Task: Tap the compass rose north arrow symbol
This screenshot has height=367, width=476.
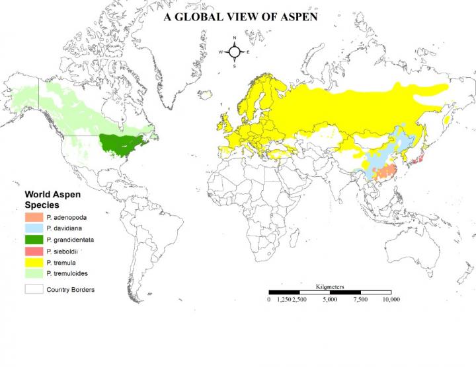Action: click(x=235, y=51)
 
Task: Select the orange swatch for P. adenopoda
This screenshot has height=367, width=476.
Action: click(x=34, y=217)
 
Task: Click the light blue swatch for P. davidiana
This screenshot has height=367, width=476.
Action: click(x=34, y=228)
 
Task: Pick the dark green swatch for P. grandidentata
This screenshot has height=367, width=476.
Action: click(x=34, y=240)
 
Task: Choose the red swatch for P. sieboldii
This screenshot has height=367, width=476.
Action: click(x=34, y=251)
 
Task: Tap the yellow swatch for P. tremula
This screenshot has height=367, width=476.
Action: click(x=34, y=263)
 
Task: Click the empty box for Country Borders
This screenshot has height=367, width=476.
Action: click(x=34, y=289)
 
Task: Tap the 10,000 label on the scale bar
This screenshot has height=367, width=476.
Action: click(x=391, y=300)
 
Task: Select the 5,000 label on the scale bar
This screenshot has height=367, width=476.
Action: click(x=329, y=300)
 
